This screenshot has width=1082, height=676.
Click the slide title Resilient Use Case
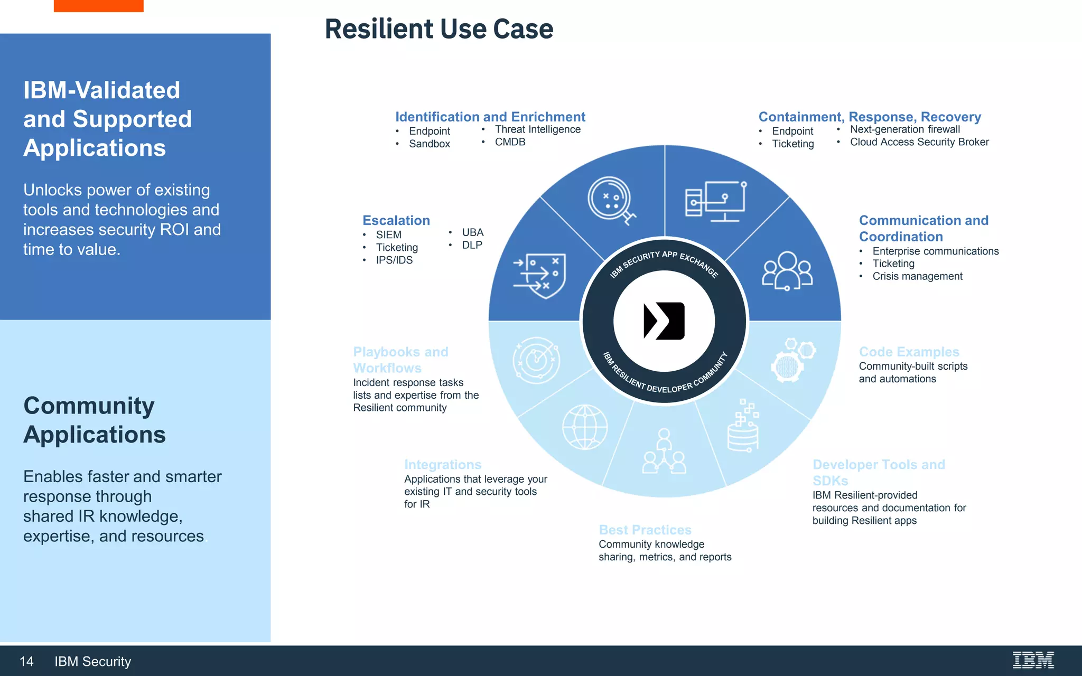click(439, 29)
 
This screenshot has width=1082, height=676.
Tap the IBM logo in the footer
click(1033, 660)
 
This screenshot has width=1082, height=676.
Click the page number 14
click(26, 661)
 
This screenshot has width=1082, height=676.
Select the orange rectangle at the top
click(98, 6)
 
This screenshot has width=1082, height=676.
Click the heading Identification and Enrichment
click(490, 117)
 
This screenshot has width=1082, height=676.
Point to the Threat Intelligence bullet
click(537, 129)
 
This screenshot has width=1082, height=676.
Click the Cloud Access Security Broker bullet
click(919, 142)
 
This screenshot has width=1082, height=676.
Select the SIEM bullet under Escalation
click(388, 234)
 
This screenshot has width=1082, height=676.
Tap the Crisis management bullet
click(917, 276)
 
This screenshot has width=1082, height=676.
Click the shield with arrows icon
click(540, 275)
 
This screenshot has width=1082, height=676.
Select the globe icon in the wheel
click(584, 427)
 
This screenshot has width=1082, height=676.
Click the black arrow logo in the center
click(664, 321)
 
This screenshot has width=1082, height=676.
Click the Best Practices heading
click(645, 530)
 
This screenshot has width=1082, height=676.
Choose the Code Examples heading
click(909, 352)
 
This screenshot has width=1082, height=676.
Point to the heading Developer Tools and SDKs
click(878, 472)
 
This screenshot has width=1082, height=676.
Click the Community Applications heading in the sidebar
click(94, 420)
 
